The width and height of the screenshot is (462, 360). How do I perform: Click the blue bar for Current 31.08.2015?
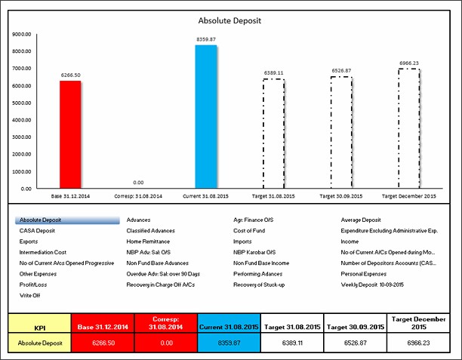tap(205, 117)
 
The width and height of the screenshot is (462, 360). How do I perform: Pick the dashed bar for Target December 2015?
tap(408, 128)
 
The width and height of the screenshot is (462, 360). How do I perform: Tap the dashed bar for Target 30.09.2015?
tap(341, 132)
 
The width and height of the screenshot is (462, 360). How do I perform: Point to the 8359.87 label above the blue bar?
tap(205, 39)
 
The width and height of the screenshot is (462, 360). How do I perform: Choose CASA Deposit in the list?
tap(38, 230)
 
